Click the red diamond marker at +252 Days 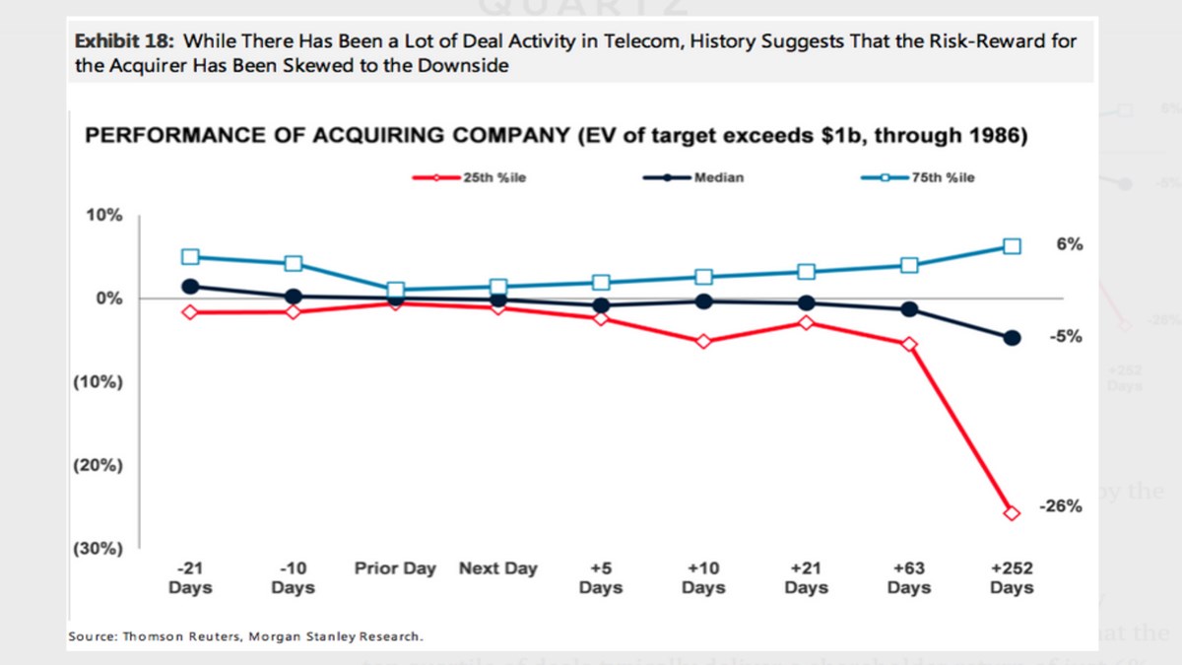[1012, 512]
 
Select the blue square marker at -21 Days [190, 257]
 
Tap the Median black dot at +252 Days [1012, 338]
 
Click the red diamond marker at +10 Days [703, 342]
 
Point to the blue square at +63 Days [909, 265]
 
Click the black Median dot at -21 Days [190, 287]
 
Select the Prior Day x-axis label [395, 568]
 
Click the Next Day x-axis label [498, 568]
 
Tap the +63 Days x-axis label [909, 577]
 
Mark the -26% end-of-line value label [1061, 506]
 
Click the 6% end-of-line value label [1070, 244]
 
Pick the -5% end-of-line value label [1066, 336]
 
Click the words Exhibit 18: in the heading [126, 41]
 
